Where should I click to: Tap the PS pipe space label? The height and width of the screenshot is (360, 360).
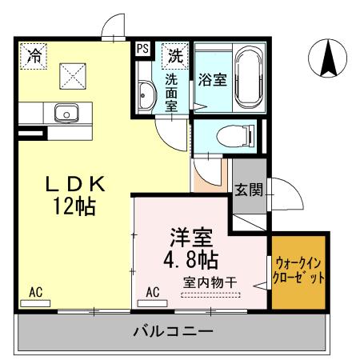[143, 49]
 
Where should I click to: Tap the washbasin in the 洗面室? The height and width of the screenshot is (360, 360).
[146, 97]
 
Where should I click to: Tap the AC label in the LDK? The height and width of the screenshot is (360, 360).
[35, 292]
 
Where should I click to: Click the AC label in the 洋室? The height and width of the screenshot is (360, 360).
[154, 292]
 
